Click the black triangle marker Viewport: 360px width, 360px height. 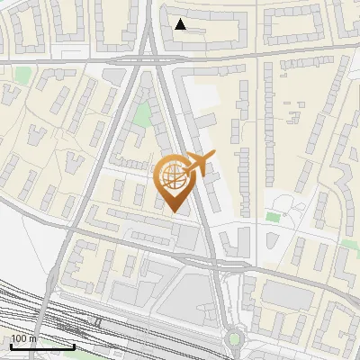(x=181, y=24)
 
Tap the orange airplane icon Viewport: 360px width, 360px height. (x=197, y=165)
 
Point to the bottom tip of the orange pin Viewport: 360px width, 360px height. (x=173, y=211)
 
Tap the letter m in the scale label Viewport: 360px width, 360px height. (x=34, y=338)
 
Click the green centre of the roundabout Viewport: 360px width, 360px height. (x=235, y=338)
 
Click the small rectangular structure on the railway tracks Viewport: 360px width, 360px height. (x=97, y=321)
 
